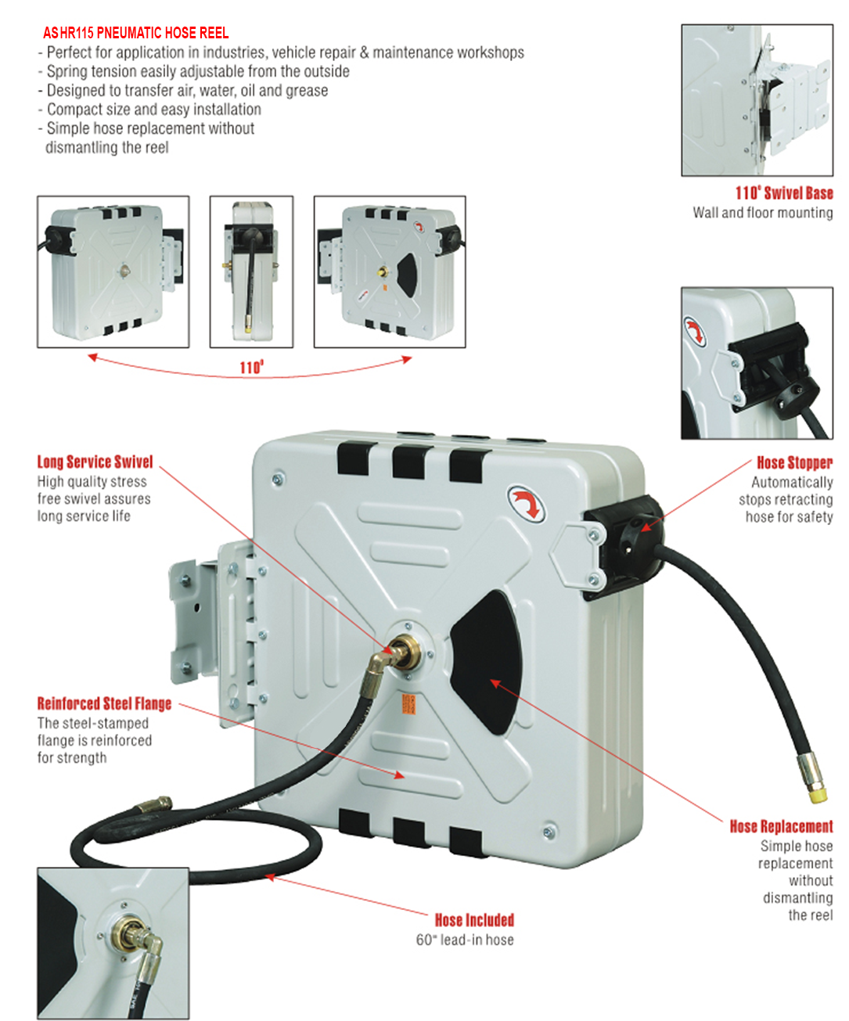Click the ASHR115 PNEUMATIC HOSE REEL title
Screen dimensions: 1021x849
[135, 33]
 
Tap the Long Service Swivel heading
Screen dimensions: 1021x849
[95, 462]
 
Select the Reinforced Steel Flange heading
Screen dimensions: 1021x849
[104, 703]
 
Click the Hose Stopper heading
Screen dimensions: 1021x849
[793, 462]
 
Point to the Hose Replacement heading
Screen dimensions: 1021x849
[781, 826]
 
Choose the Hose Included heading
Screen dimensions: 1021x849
[474, 920]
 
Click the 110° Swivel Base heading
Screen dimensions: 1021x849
[783, 193]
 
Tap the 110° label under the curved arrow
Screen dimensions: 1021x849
[251, 367]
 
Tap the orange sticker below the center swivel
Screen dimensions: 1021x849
[408, 703]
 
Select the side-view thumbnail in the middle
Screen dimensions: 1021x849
[251, 271]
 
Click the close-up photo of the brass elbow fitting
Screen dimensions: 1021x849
[113, 943]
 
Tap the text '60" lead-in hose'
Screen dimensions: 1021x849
[465, 940]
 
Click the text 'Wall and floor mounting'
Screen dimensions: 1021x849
[762, 213]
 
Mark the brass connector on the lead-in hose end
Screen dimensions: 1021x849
[153, 805]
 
